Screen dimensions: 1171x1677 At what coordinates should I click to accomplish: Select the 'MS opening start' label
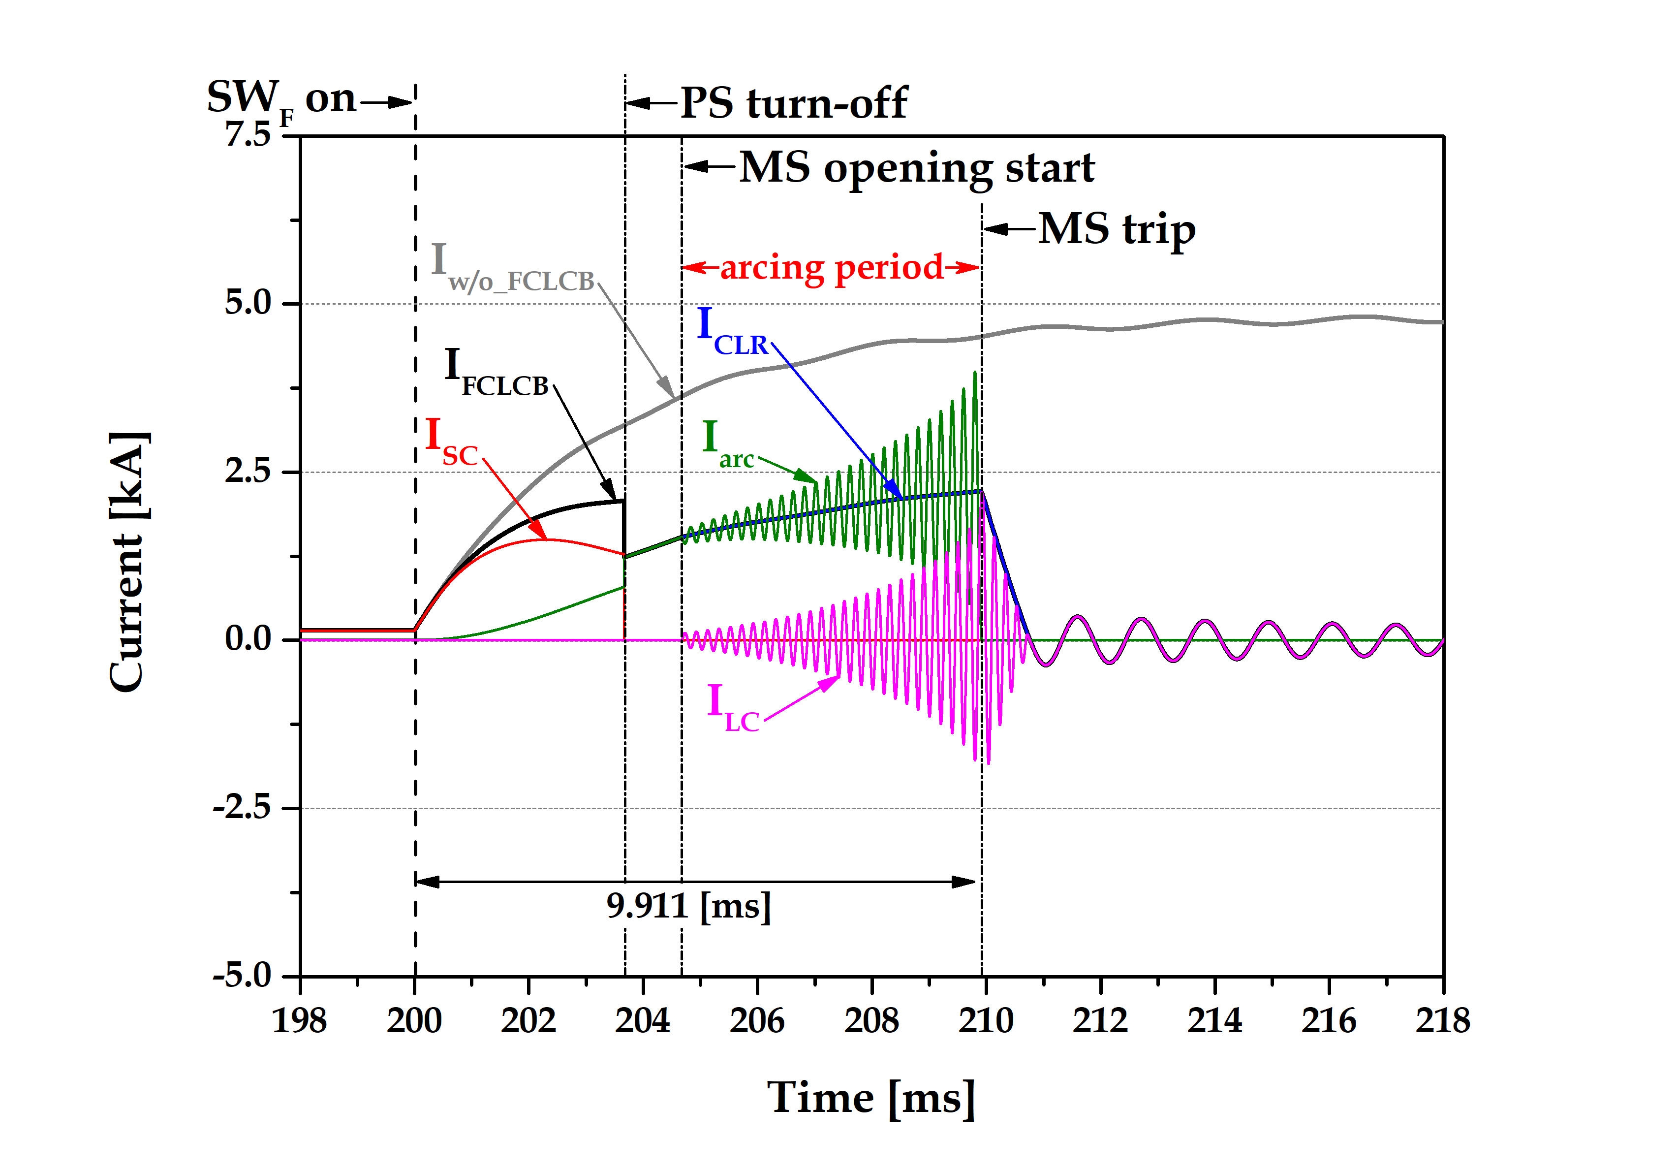917,168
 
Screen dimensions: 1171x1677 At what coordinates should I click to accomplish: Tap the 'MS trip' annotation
1117,229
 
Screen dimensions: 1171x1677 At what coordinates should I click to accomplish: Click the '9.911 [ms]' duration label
688,907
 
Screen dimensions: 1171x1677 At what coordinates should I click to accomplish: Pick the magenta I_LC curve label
733,707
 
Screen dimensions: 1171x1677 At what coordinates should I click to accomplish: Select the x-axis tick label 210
985,1020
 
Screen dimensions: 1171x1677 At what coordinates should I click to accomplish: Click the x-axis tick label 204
642,1020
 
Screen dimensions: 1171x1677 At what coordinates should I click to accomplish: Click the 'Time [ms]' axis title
870,1098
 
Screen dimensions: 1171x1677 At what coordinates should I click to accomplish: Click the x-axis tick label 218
1443,1020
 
